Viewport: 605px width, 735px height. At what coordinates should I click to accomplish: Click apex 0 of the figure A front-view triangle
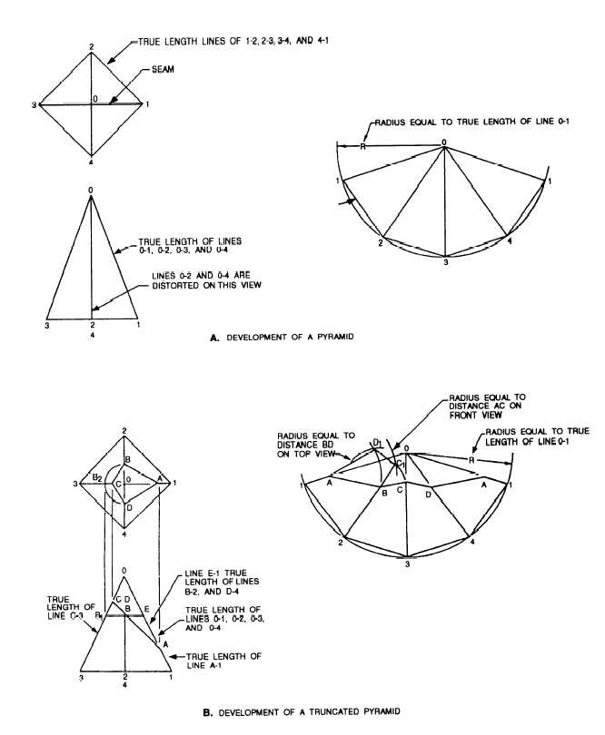(91, 196)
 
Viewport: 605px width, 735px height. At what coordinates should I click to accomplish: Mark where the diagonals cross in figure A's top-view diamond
(91, 104)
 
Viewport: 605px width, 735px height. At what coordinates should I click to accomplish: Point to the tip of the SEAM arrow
(109, 103)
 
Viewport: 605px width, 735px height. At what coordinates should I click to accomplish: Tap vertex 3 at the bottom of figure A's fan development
(444, 257)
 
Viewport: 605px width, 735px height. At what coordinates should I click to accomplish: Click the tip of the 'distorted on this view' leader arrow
(93, 309)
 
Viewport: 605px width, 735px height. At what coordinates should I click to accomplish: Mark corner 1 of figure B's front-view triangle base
(171, 671)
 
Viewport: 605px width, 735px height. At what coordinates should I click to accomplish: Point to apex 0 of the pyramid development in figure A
(444, 147)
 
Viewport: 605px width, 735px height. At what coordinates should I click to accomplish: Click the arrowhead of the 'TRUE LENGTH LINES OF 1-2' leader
(108, 63)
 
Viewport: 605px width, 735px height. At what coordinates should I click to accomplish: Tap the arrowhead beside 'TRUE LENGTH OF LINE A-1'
(172, 657)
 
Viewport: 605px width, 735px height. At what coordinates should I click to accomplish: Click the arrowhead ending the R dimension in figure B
(509, 463)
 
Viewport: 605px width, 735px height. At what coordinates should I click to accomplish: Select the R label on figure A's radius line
(362, 146)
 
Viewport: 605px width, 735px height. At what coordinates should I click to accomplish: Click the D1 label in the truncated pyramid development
(377, 442)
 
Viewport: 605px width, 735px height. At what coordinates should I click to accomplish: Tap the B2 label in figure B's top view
(97, 477)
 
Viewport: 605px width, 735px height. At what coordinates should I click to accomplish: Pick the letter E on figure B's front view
(146, 609)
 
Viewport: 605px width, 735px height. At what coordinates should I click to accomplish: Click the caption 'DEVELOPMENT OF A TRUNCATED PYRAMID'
(309, 711)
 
